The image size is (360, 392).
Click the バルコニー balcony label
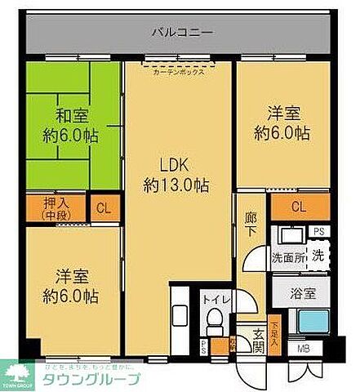click(182, 33)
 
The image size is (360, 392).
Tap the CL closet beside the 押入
click(104, 207)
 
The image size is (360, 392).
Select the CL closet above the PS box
click(299, 207)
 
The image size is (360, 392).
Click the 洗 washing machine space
click(319, 254)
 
